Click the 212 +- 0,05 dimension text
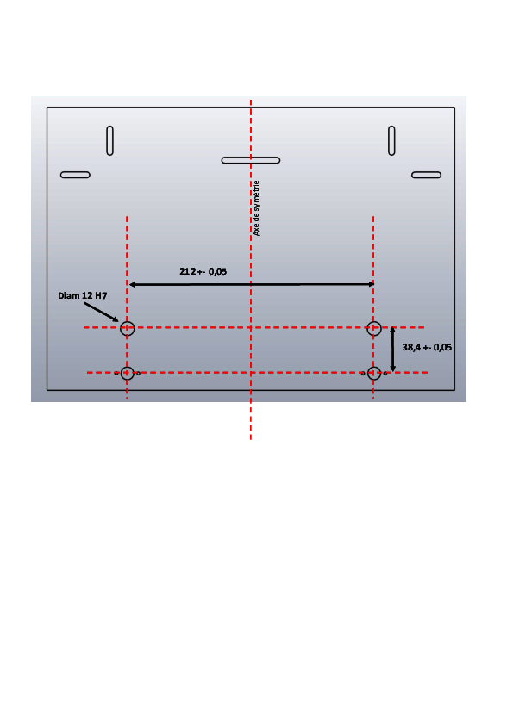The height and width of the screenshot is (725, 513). click(x=203, y=271)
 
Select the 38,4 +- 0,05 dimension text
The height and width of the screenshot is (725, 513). click(x=427, y=347)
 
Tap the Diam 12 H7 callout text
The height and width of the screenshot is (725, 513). click(x=83, y=295)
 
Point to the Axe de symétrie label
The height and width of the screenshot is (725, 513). click(x=257, y=208)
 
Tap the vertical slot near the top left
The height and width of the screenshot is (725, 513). click(x=109, y=140)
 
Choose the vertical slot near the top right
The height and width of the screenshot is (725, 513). click(x=391, y=140)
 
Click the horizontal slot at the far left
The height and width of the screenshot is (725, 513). click(x=75, y=175)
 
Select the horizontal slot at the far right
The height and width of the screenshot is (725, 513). click(x=427, y=175)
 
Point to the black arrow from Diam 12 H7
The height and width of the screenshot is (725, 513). click(x=102, y=312)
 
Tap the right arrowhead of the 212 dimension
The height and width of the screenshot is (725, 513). click(x=371, y=284)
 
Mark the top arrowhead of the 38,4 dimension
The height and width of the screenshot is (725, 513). click(x=392, y=330)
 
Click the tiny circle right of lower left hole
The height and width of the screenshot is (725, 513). click(x=139, y=373)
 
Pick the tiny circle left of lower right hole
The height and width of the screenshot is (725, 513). click(x=363, y=373)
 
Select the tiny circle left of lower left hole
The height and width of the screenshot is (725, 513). click(x=116, y=373)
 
